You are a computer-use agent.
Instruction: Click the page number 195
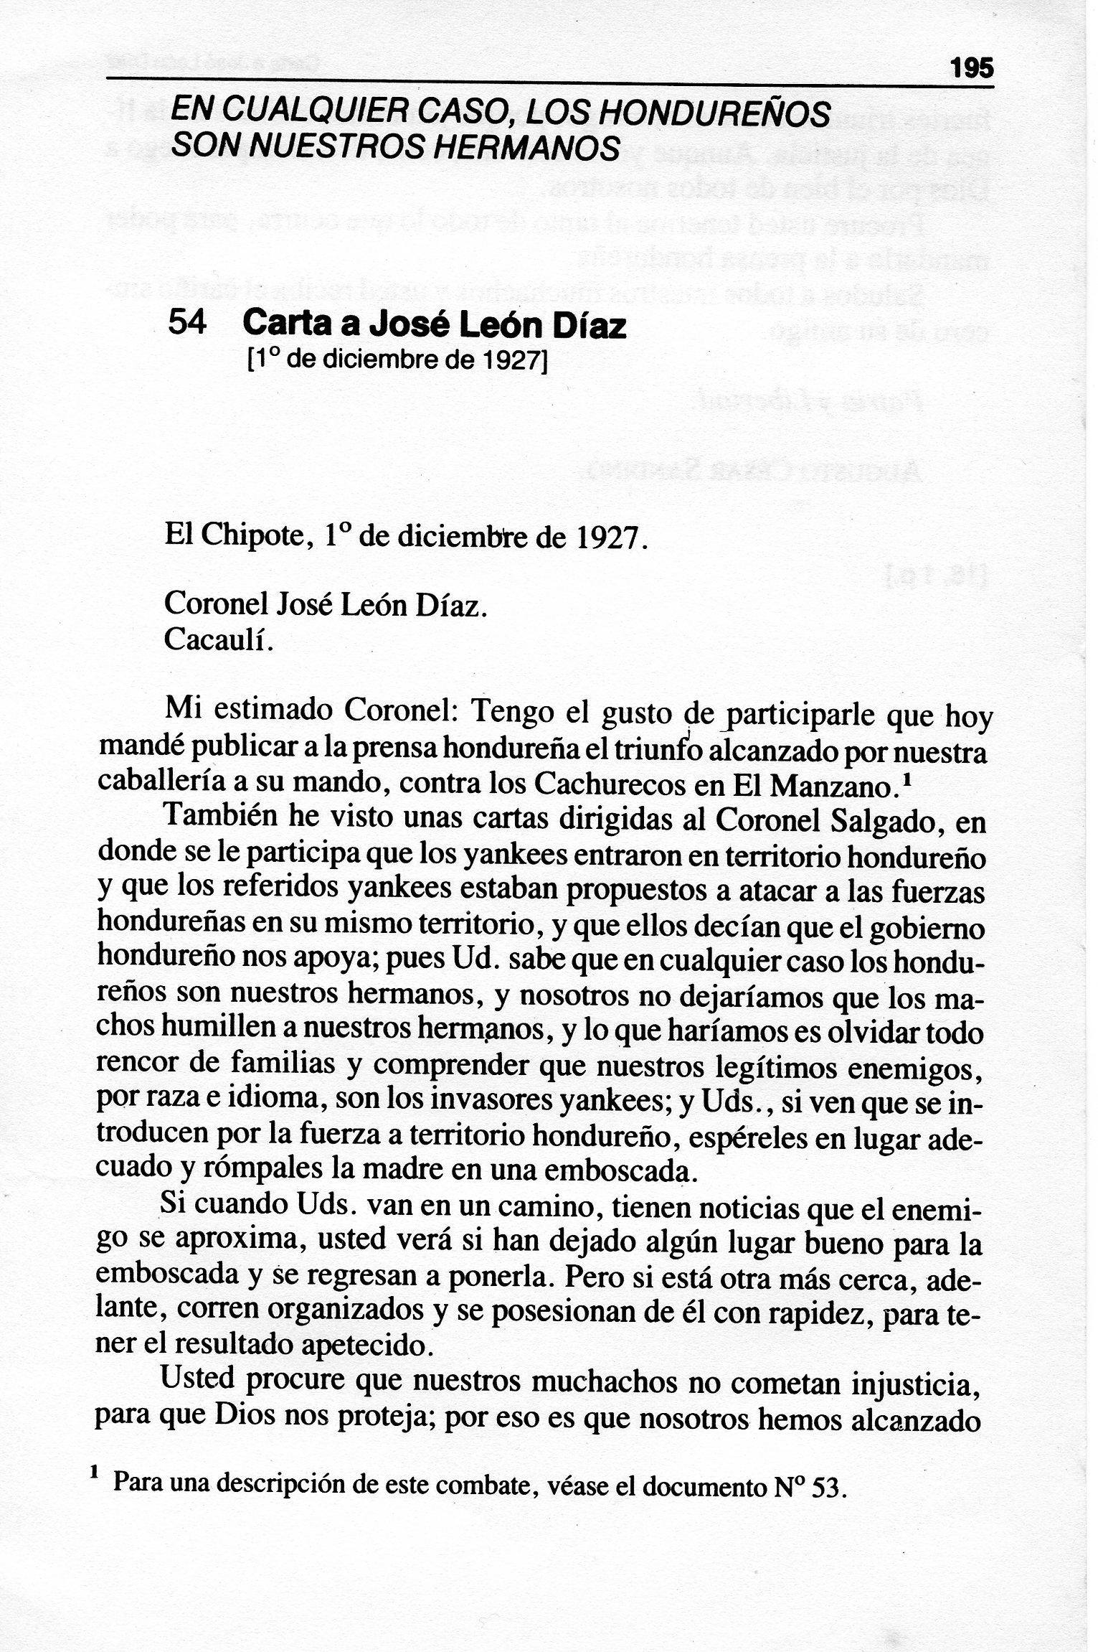click(x=972, y=69)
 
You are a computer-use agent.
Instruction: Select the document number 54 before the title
click(x=187, y=324)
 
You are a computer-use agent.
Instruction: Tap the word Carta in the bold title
click(x=285, y=325)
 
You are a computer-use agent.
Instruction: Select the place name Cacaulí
click(x=219, y=638)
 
